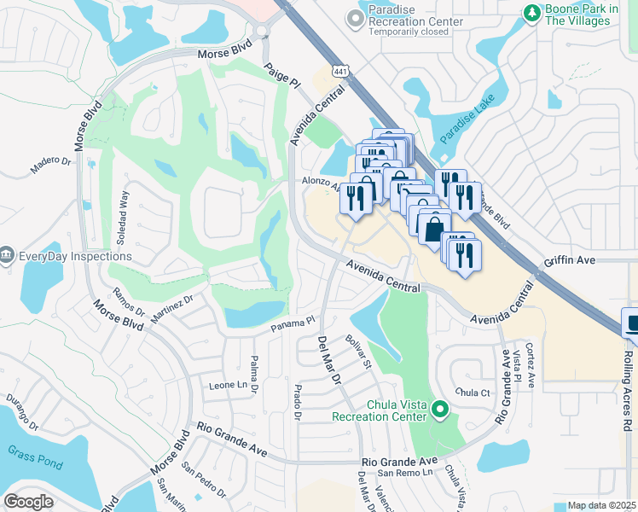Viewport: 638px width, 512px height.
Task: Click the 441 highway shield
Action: tap(340, 73)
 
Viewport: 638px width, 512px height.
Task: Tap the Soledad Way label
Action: tap(125, 218)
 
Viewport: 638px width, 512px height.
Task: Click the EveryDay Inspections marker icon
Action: tap(7, 255)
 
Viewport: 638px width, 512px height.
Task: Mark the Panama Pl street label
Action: tap(293, 325)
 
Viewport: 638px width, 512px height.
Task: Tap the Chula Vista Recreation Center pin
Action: tap(440, 410)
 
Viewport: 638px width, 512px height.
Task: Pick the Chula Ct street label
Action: tap(473, 393)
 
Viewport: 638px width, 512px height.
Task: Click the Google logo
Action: tap(28, 502)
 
